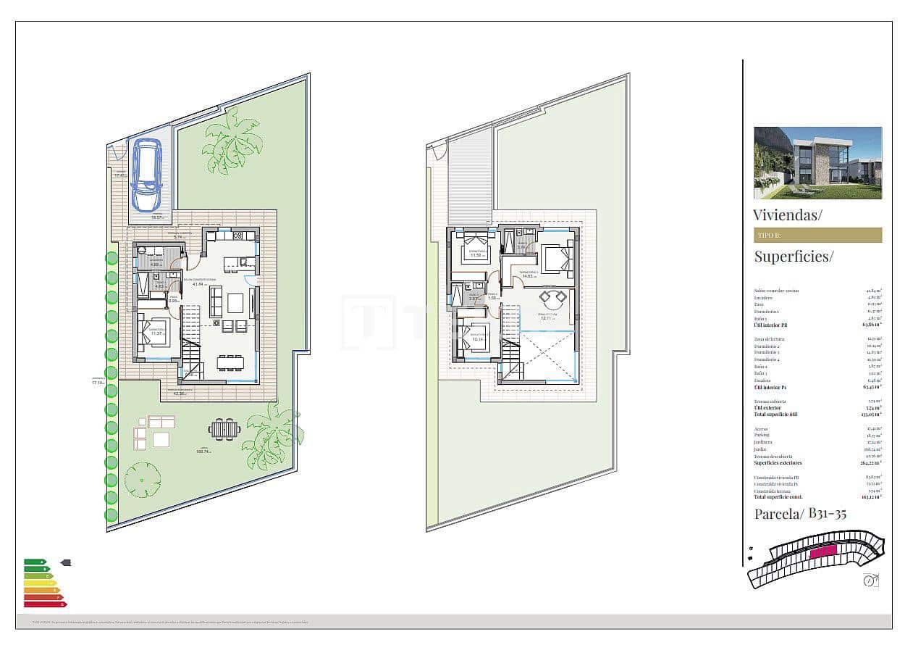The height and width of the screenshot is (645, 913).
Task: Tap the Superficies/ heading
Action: point(794,256)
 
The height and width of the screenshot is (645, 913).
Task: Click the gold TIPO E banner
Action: point(817,235)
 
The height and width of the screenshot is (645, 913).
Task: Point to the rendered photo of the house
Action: point(817,163)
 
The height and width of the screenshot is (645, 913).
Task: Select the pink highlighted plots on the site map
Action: point(823,552)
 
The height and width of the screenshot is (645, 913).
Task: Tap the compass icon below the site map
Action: point(870,580)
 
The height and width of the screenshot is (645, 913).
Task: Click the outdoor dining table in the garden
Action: point(224,428)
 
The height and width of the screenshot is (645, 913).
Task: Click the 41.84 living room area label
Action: point(193,284)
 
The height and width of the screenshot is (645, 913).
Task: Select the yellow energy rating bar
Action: point(40,583)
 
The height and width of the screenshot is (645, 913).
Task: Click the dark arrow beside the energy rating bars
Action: point(66,562)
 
